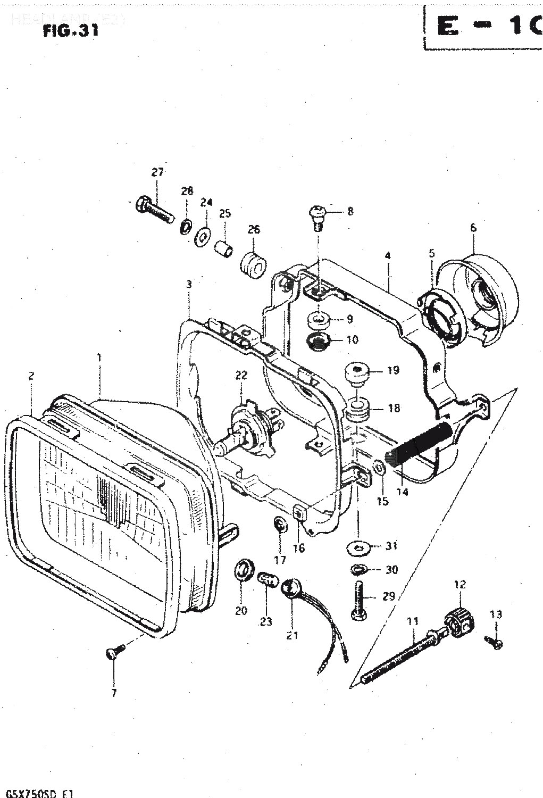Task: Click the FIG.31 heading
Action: pyautogui.click(x=70, y=30)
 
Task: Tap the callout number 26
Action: pyautogui.click(x=254, y=229)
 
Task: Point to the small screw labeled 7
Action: pyautogui.click(x=116, y=652)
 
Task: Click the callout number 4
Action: pyautogui.click(x=388, y=256)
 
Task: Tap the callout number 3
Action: pyautogui.click(x=188, y=284)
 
